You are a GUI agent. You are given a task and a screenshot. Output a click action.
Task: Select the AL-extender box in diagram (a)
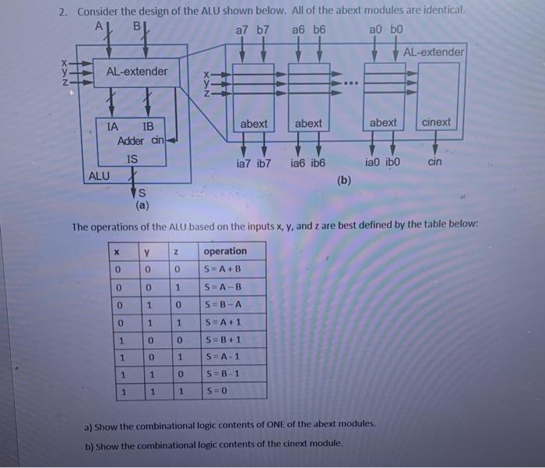(136, 72)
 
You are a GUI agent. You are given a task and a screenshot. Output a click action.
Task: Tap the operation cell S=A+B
(222, 269)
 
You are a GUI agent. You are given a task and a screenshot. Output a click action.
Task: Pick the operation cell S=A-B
(222, 287)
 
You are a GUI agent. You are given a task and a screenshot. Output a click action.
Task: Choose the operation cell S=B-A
(222, 304)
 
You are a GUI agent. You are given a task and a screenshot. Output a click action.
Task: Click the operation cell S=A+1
(222, 322)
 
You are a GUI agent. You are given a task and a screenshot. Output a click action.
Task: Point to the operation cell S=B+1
(222, 340)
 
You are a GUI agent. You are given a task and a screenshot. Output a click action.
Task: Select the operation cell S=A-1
(222, 357)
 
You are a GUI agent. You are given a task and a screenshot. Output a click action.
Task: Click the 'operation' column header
(225, 251)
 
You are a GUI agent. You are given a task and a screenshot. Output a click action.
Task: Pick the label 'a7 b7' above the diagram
(252, 30)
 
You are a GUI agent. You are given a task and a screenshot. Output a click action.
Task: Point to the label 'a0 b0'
(387, 30)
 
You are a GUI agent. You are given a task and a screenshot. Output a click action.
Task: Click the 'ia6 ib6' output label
(308, 164)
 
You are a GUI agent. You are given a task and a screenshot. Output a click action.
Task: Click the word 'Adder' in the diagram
(132, 141)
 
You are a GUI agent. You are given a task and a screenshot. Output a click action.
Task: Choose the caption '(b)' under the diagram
(344, 181)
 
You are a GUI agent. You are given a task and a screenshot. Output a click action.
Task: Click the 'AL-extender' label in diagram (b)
(434, 51)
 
